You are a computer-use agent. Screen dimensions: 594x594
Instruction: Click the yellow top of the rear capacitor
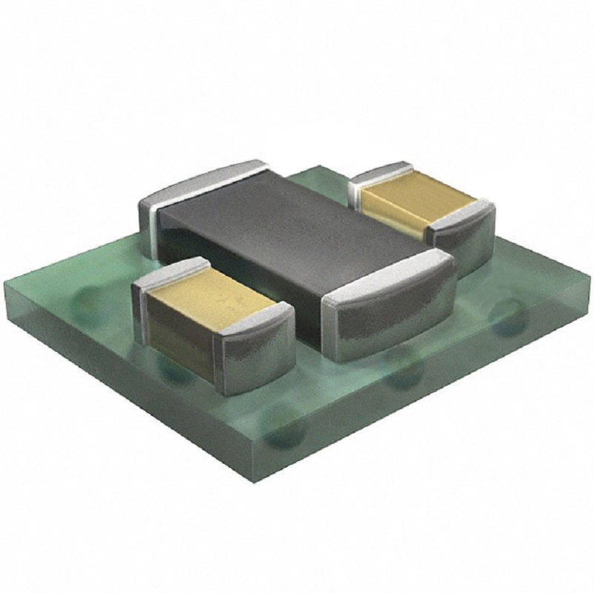[416, 195]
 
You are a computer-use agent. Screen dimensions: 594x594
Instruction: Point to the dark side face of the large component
[245, 260]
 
